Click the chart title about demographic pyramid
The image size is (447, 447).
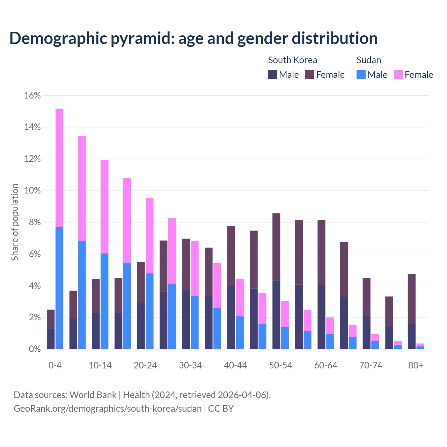193,38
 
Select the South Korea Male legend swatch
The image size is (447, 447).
273,74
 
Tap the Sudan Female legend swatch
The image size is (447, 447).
398,74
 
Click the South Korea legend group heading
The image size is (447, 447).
292,60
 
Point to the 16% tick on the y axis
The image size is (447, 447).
32,95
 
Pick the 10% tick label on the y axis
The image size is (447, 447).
32,191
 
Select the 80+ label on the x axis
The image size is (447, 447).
416,365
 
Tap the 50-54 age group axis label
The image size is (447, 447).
281,365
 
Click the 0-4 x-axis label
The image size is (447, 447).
55,365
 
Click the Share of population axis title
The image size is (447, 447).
15,222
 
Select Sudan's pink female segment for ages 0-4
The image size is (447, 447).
59,168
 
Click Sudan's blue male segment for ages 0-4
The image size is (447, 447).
59,288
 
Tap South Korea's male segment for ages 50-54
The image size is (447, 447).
276,314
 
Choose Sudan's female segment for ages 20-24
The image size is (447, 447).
149,236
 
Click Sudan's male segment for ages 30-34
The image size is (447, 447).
195,322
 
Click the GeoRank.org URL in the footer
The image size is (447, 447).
108,409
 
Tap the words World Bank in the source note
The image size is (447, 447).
93,395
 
